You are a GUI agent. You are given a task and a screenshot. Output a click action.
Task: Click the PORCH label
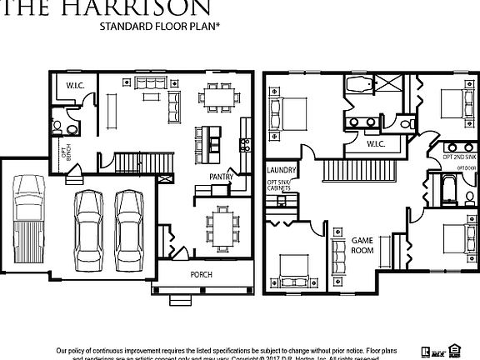coord(201,275)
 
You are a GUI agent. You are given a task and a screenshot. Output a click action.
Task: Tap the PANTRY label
coord(221,177)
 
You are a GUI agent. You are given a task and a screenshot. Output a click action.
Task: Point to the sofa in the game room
coord(338,255)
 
